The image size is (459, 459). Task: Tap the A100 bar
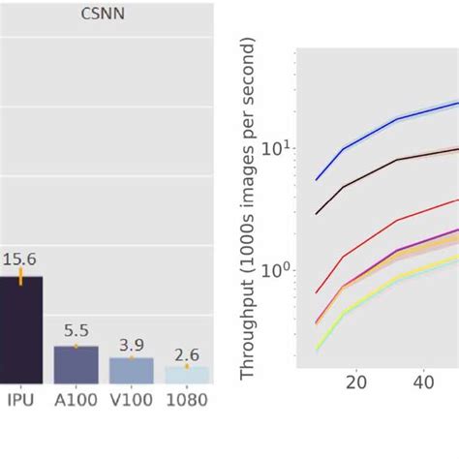tap(76, 363)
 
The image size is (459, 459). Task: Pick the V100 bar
tap(131, 369)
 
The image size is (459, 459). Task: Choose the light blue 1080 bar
tap(186, 374)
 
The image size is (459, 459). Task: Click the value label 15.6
tap(20, 260)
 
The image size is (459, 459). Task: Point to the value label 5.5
tap(76, 330)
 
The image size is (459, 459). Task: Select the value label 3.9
tap(131, 344)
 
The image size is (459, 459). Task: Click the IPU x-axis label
tap(22, 398)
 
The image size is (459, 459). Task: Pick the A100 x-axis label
tap(76, 398)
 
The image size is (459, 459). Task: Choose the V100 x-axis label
tap(131, 398)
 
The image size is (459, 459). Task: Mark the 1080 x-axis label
tap(186, 398)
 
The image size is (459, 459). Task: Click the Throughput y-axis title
tap(248, 209)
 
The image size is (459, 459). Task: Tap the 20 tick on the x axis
tap(356, 383)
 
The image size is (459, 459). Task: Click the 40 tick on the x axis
tap(423, 383)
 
